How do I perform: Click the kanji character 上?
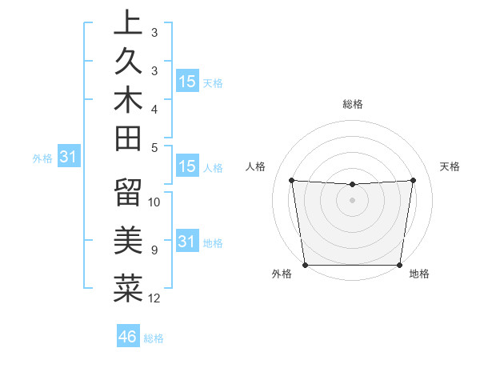128,23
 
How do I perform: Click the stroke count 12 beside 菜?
154,298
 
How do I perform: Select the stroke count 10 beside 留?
154,202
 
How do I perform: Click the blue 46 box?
127,336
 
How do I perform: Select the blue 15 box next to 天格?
187,81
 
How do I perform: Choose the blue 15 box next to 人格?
187,166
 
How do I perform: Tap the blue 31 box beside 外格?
68,158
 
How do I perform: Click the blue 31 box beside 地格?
187,242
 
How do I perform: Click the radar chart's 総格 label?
352,104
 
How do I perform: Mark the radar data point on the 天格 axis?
414,180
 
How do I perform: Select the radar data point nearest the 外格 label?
305,264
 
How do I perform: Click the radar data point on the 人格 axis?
291,180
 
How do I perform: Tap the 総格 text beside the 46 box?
154,338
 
